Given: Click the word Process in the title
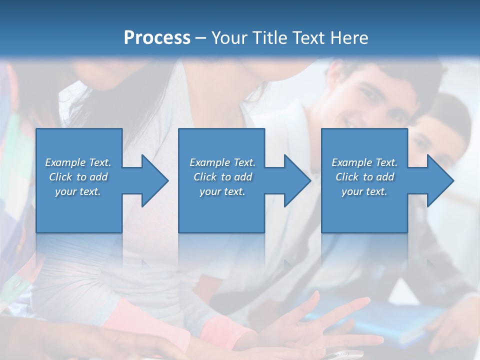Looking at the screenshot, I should tap(157, 38).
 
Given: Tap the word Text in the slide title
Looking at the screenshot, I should tap(308, 38).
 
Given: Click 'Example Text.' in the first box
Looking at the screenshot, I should tap(78, 162).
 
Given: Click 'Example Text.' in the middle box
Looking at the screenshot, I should tap(222, 162).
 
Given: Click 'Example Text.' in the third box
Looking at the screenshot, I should tap(364, 162).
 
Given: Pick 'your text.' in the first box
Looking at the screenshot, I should tap(78, 191).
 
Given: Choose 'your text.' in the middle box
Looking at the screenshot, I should tap(222, 191).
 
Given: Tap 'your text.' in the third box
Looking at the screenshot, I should tap(364, 191).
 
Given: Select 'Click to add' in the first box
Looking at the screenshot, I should tap(78, 177).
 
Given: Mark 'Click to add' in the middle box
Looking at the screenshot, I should tap(222, 177).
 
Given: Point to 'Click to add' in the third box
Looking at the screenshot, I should tap(364, 177).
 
